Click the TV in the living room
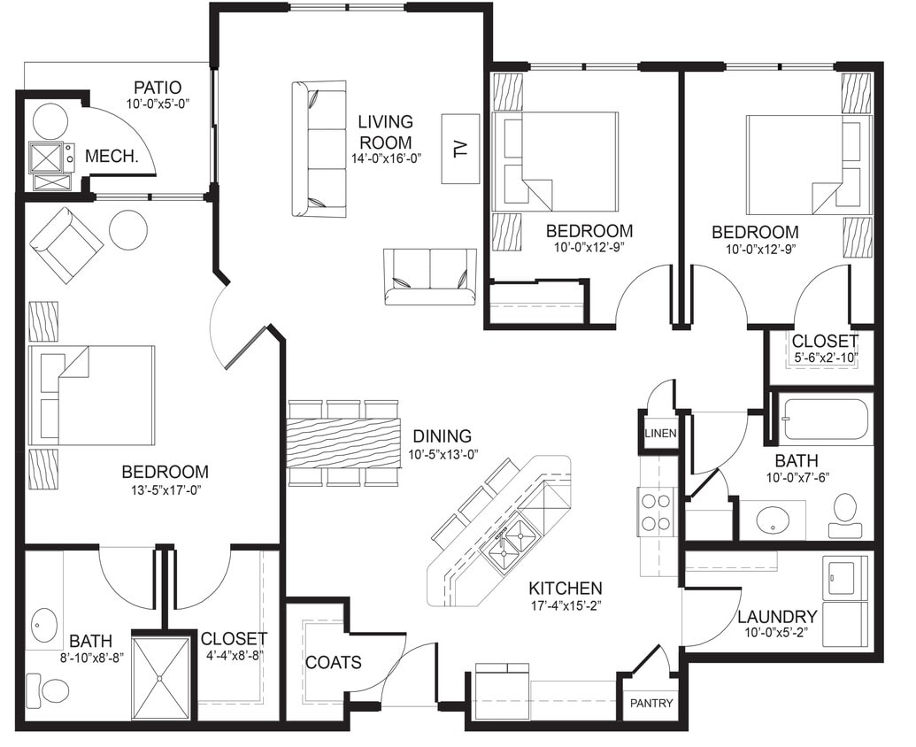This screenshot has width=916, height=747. [460, 149]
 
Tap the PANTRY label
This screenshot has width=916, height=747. [651, 704]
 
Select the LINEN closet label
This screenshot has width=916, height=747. [660, 434]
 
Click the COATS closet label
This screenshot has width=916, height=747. [333, 662]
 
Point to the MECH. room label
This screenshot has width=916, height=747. [112, 157]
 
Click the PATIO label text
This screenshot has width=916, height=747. [158, 88]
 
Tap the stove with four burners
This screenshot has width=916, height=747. [656, 511]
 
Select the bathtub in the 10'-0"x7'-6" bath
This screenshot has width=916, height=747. [825, 420]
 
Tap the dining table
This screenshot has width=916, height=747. [343, 443]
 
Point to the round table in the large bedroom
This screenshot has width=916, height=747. [128, 229]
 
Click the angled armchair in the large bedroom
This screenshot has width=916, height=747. [65, 245]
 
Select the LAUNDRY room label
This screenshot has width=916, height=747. [776, 616]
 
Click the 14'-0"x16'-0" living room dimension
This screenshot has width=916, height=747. [385, 158]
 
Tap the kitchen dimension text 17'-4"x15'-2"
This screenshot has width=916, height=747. [566, 607]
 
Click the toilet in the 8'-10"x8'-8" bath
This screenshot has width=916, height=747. [50, 689]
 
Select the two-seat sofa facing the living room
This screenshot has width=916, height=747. [430, 276]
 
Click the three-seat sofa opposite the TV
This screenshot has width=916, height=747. [319, 149]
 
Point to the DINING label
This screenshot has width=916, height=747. [442, 436]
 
